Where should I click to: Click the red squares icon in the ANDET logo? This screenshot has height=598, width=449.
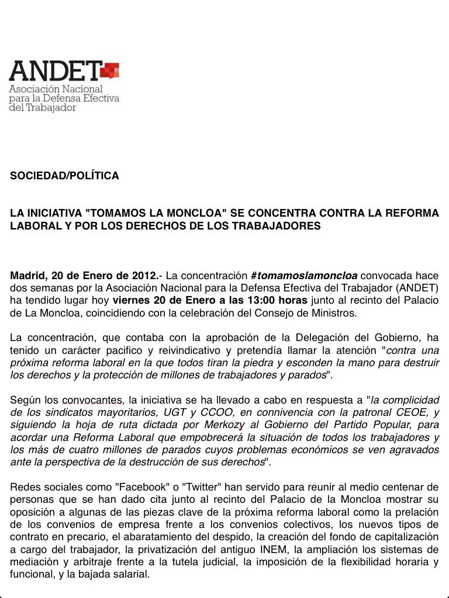pyautogui.click(x=110, y=71)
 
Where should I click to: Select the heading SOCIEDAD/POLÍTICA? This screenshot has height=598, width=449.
pyautogui.click(x=64, y=176)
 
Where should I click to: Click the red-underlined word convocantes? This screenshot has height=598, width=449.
pyautogui.click(x=92, y=400)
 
